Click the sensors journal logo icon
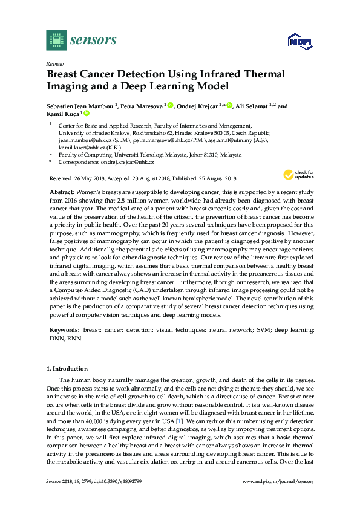click(55, 41)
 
